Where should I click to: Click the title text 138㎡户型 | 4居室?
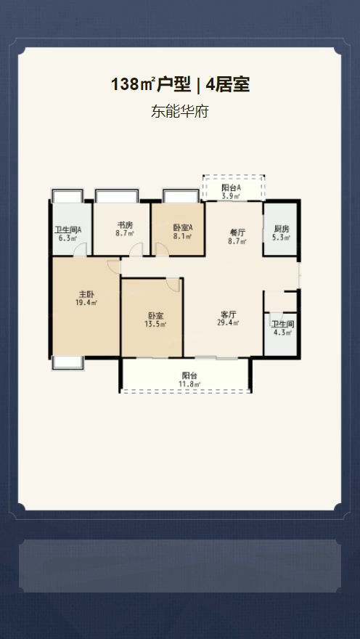180,85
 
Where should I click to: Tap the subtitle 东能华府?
179,111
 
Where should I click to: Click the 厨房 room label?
282,229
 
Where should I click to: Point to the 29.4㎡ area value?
229,322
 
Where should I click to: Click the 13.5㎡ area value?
155,324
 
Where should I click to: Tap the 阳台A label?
231,188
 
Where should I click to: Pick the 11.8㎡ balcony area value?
190,384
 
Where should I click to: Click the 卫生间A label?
68,230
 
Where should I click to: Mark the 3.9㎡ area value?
231,196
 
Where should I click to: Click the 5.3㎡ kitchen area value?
282,237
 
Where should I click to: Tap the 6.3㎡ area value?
68,238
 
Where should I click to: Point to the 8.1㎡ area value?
182,236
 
